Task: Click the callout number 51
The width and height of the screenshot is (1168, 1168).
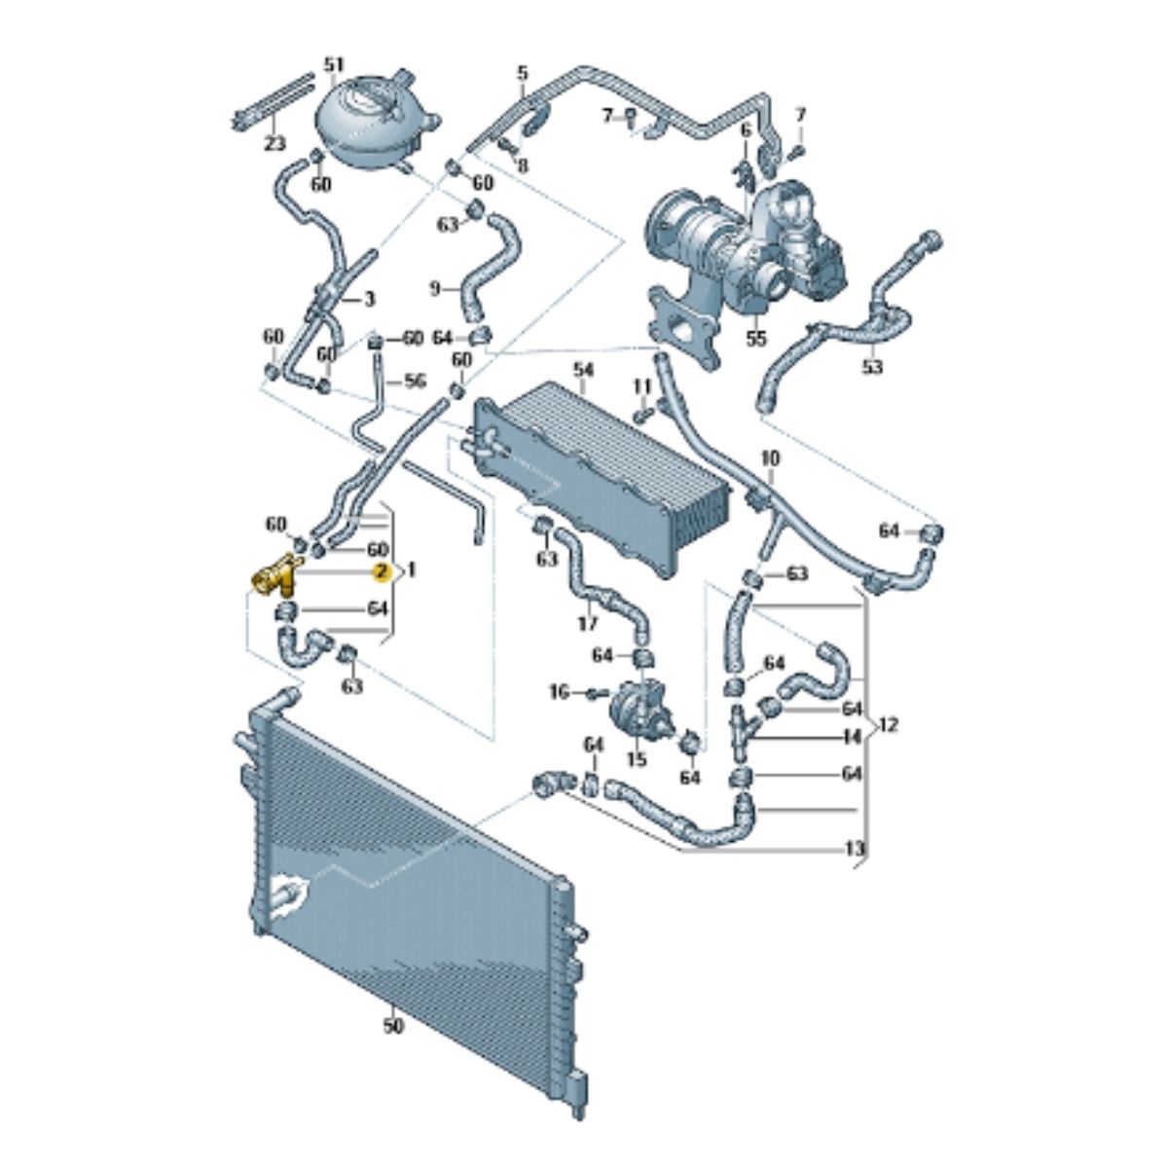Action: coord(334,65)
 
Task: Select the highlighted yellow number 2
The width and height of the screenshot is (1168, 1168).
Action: coord(381,571)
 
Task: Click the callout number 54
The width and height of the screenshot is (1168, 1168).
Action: coord(584,370)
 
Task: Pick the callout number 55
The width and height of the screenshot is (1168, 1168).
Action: coord(756,338)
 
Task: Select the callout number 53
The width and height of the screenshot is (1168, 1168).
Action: coord(872,367)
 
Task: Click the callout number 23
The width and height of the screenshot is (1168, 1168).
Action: coord(274,144)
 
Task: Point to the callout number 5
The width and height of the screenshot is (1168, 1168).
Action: coord(523,73)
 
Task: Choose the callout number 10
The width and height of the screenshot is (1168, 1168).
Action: coord(770,458)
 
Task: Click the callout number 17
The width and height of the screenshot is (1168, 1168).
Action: coord(587,623)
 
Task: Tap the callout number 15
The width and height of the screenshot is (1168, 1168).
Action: coord(637,759)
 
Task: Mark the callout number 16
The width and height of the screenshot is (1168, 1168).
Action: coord(560,691)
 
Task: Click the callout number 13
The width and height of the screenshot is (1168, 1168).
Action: coord(854,849)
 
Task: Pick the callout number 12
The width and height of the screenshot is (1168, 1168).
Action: coord(888,724)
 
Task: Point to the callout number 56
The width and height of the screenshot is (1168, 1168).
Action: coord(415,382)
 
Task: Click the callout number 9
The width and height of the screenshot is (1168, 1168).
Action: coord(435,289)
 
